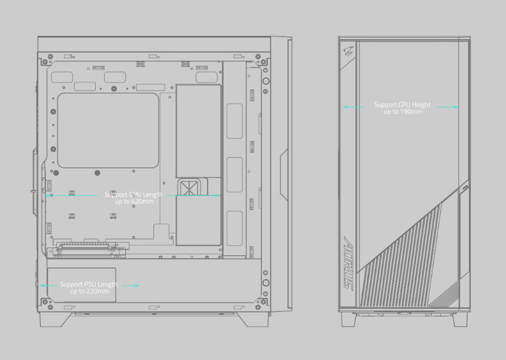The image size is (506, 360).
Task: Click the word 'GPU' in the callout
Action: (134, 195)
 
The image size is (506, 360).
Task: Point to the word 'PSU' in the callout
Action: (89, 285)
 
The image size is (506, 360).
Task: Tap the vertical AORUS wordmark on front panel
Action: (348, 264)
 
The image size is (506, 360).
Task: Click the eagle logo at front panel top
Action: (349, 52)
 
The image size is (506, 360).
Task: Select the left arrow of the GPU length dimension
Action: (71, 196)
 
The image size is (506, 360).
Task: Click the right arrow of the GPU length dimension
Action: (194, 196)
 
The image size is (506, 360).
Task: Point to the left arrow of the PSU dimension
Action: (48, 285)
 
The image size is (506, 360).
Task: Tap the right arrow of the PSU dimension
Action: (131, 285)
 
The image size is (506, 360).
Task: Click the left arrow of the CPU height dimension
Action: (354, 107)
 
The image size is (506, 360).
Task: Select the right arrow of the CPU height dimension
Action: (447, 107)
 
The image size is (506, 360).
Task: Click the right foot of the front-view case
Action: (460, 320)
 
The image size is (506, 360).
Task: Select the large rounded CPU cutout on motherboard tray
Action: (108, 131)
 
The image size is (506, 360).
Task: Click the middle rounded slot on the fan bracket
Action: (235, 174)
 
